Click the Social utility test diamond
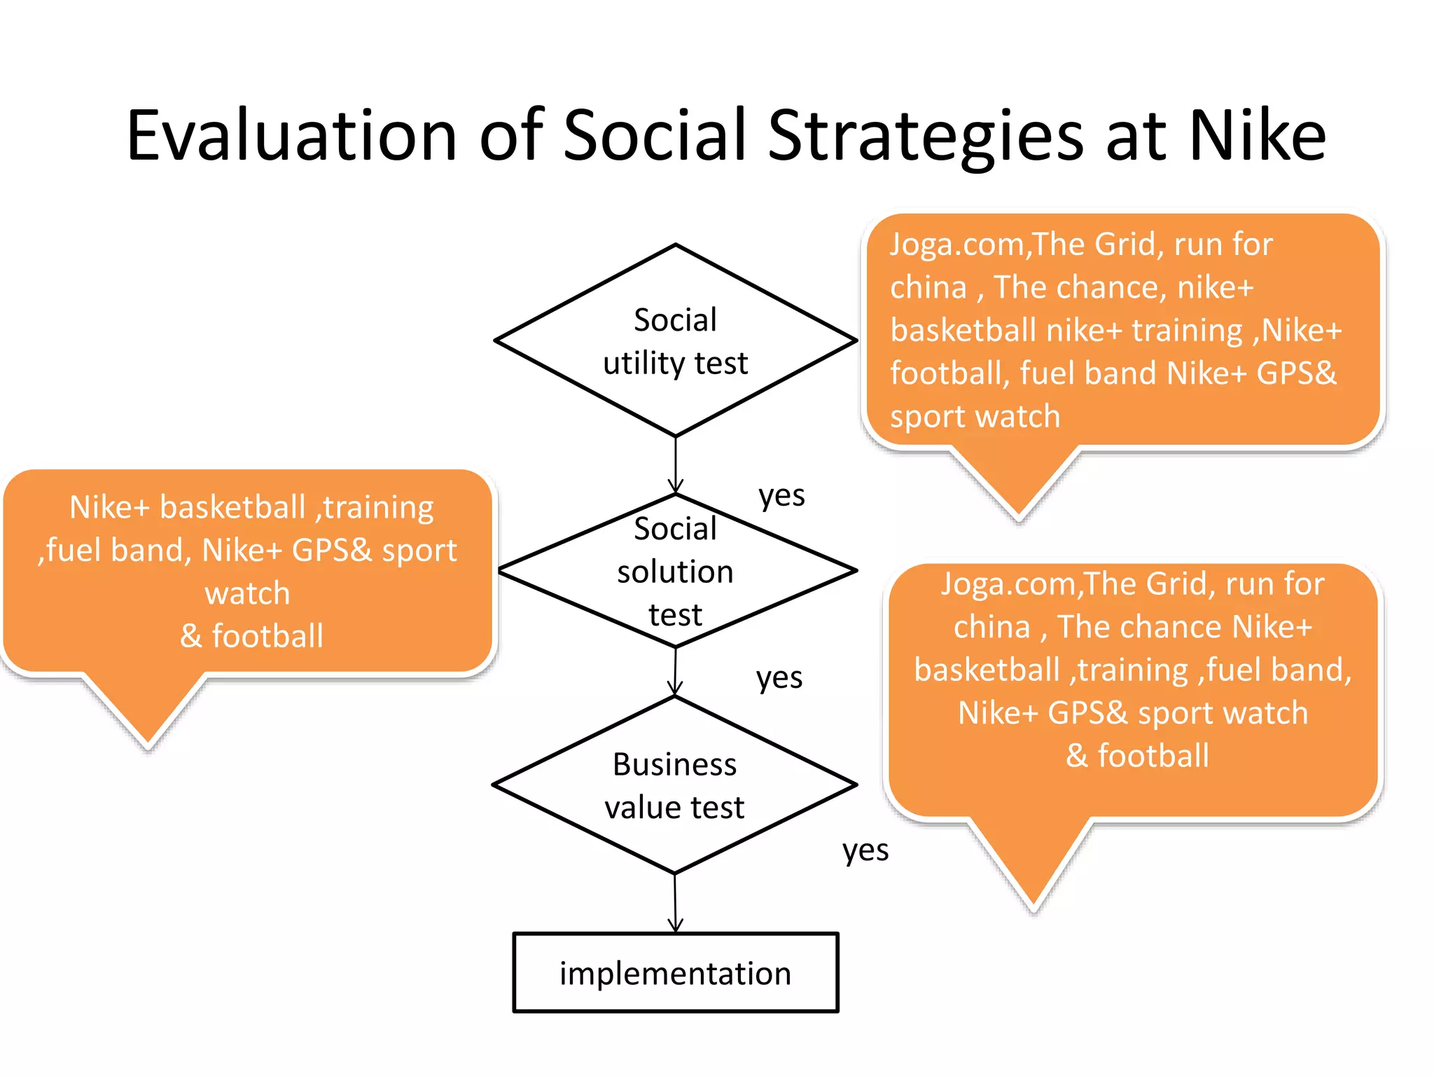[x=675, y=341]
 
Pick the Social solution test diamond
[x=675, y=571]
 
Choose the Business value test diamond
[x=675, y=785]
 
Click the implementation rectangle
[x=675, y=973]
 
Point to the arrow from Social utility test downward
[x=675, y=465]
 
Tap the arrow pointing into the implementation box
[x=675, y=904]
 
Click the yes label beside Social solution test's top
[x=781, y=496]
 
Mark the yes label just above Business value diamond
[x=779, y=678]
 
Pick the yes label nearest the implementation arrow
[x=865, y=851]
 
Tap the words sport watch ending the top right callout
[x=975, y=417]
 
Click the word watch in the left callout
[x=247, y=593]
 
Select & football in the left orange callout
[x=251, y=636]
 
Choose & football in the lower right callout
[x=1137, y=756]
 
